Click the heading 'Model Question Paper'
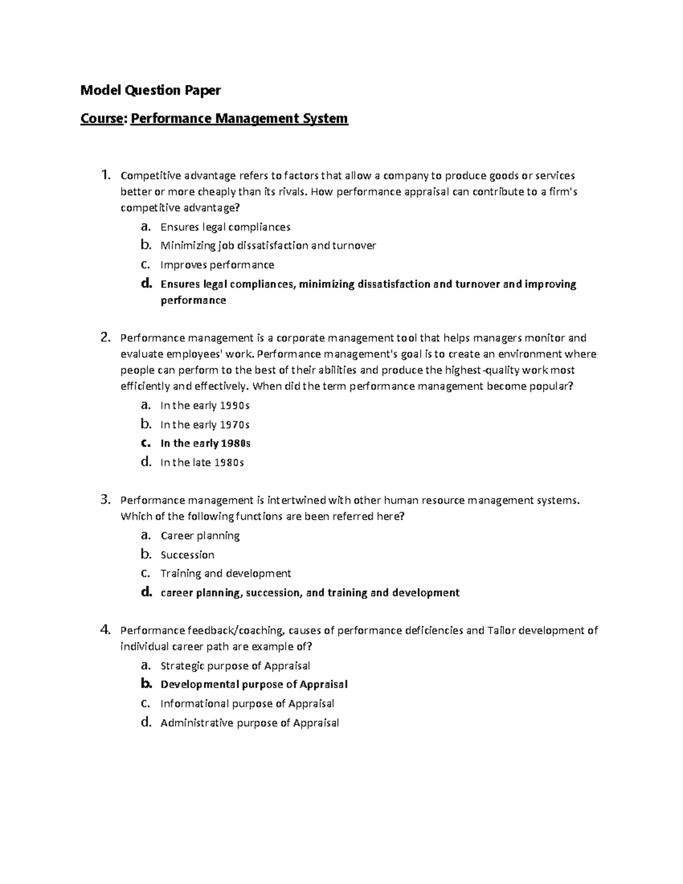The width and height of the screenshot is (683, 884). click(150, 90)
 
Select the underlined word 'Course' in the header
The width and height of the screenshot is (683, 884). click(102, 118)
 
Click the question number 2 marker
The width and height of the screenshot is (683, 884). click(105, 338)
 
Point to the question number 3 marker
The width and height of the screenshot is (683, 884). click(105, 500)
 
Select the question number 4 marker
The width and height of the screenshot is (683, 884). click(105, 630)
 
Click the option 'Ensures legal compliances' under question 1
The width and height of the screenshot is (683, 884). click(225, 227)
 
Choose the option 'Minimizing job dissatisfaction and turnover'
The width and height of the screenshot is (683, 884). click(268, 246)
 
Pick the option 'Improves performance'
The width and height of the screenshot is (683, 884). click(217, 265)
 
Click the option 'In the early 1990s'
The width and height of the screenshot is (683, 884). click(205, 406)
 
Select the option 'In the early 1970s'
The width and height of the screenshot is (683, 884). click(205, 425)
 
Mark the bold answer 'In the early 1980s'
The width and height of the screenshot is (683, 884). click(206, 443)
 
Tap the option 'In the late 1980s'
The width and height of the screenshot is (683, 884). click(203, 463)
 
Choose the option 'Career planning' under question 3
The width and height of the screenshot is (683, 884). click(200, 536)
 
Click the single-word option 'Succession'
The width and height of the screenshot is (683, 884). click(188, 555)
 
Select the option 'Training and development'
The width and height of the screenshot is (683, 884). click(226, 573)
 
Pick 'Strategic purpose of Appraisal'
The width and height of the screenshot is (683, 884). click(236, 665)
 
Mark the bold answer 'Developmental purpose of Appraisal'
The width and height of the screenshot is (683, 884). click(254, 684)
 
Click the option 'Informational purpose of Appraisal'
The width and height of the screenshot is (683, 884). click(248, 704)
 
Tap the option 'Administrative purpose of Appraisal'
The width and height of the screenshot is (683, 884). click(250, 723)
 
